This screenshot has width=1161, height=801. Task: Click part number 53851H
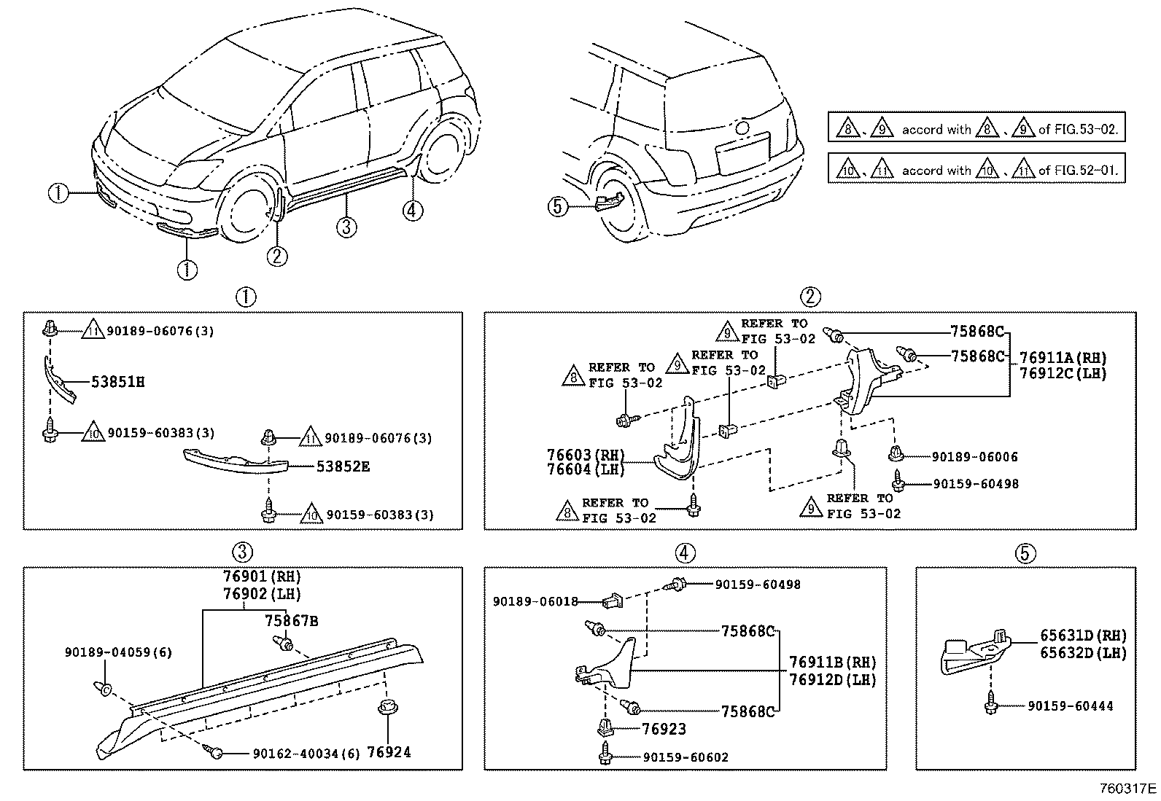coord(117,382)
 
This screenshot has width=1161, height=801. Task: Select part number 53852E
coord(342,466)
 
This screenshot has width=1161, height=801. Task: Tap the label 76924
coord(389,751)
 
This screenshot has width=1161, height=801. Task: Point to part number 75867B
coord(291,621)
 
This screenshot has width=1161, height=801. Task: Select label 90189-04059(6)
coord(119,652)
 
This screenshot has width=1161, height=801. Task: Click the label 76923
coord(664,728)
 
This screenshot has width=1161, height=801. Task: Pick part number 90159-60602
coord(686,757)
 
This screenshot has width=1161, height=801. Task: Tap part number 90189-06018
coord(535,602)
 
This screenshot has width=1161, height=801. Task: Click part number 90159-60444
coord(1071,706)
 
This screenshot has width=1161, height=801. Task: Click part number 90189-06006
coord(974,457)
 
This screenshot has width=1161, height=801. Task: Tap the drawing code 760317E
coord(1128,789)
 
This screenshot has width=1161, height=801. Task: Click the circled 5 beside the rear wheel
coord(557,207)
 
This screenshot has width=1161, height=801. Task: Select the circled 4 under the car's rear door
coord(413,211)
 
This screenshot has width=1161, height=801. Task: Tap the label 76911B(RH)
coord(832,663)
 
